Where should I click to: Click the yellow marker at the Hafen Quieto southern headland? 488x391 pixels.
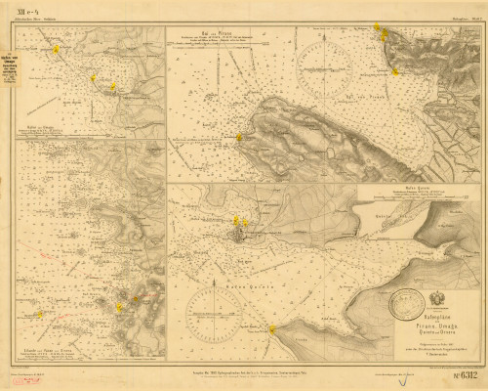[x=273, y=328]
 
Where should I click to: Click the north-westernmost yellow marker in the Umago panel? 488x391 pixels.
[x=57, y=48]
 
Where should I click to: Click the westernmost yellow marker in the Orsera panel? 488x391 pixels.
[x=40, y=315]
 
